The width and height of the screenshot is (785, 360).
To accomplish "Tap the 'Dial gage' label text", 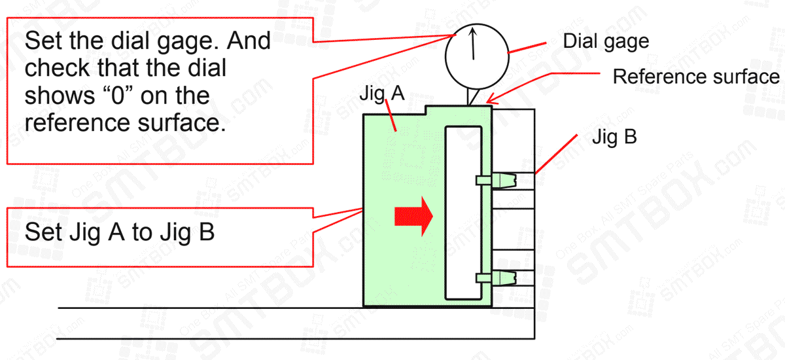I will pyautogui.click(x=606, y=41).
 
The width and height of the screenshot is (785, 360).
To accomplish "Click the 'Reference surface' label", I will pyautogui.click(x=695, y=77).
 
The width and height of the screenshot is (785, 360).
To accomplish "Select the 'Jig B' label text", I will pyautogui.click(x=614, y=138).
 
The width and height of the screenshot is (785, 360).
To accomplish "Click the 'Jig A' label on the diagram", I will pyautogui.click(x=382, y=94).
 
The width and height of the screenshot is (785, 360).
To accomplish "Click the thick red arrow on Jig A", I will pyautogui.click(x=413, y=217).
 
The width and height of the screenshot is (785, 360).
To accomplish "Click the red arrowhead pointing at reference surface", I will pyautogui.click(x=490, y=101).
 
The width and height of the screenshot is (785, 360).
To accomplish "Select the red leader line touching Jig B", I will pyautogui.click(x=555, y=155).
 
